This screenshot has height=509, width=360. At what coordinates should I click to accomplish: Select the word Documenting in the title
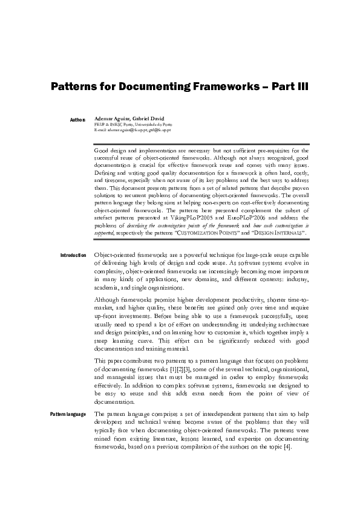(159, 87)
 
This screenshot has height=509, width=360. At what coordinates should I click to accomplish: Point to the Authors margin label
(77, 120)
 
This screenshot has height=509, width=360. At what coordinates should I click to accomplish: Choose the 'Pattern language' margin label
(68, 413)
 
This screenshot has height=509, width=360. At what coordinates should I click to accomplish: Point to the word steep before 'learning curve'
(102, 340)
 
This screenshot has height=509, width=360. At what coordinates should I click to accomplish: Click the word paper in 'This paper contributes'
(117, 361)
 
